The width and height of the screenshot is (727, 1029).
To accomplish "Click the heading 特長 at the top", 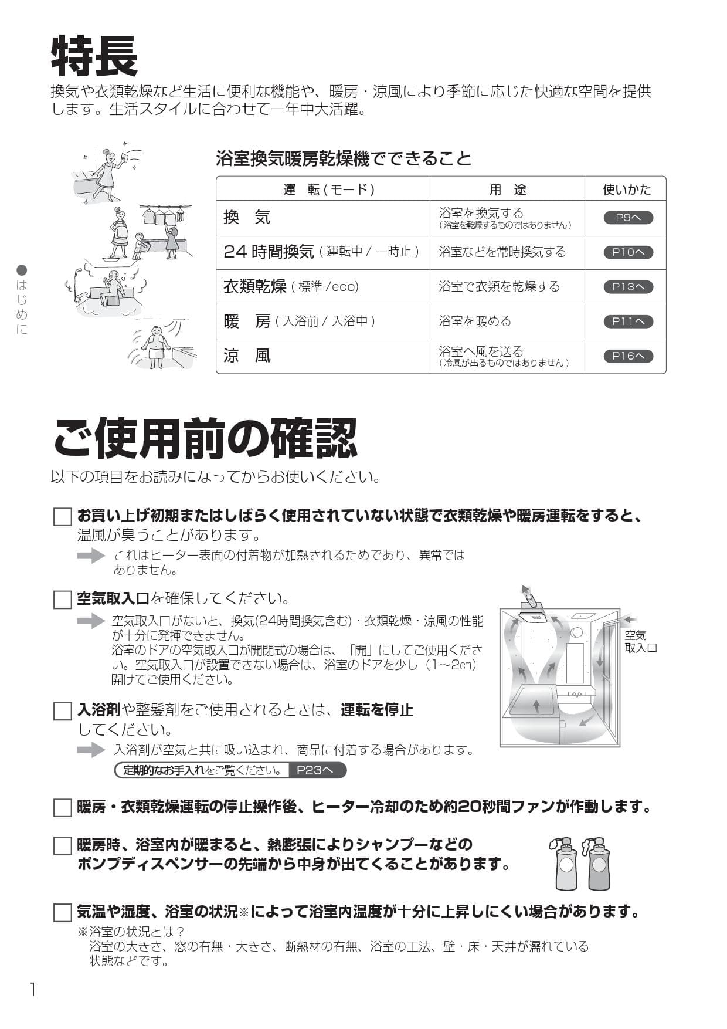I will click(x=94, y=56).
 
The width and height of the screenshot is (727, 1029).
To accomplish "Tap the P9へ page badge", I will click(x=628, y=218).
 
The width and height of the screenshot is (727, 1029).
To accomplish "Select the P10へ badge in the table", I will click(x=628, y=252).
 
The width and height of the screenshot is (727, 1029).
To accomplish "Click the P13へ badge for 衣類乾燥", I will click(x=628, y=287).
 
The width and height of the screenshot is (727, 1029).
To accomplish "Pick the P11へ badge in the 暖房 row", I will click(x=628, y=321).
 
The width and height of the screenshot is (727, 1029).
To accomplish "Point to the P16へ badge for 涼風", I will click(x=628, y=356).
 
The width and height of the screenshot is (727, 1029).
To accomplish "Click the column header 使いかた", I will click(x=627, y=189).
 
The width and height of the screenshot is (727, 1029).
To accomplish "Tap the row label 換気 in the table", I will click(x=247, y=218).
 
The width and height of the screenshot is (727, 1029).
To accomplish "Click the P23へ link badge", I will click(x=315, y=770).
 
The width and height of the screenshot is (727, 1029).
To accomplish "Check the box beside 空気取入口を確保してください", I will click(x=62, y=600).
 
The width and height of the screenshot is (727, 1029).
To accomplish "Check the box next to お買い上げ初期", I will click(x=62, y=517).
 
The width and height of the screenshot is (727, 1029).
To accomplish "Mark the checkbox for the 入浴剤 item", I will click(x=62, y=711).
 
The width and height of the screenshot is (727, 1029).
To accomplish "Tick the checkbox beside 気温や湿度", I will click(x=62, y=913).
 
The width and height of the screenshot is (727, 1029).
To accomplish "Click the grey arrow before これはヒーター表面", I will click(x=91, y=556).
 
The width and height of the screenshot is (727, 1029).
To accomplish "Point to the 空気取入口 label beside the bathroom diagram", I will click(x=640, y=641).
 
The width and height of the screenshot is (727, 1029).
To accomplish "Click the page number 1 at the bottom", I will click(x=33, y=990).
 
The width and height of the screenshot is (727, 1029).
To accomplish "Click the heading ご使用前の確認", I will click(x=205, y=438).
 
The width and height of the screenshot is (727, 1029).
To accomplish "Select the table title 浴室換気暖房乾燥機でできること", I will click(x=344, y=158).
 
